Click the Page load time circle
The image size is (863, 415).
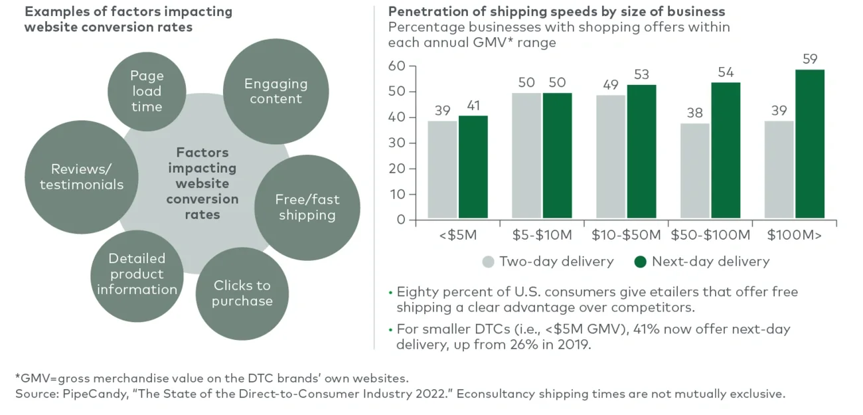(x=146, y=91)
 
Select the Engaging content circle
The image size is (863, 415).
(x=275, y=92)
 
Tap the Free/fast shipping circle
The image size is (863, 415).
(x=307, y=207)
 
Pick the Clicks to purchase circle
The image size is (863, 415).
(x=242, y=293)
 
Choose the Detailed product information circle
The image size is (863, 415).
(x=137, y=274)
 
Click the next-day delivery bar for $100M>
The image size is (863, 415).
(x=810, y=144)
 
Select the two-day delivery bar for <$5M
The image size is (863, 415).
(x=442, y=170)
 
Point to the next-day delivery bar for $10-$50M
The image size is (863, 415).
(x=642, y=152)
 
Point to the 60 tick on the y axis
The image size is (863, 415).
(x=397, y=66)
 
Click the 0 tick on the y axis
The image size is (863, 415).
(x=401, y=220)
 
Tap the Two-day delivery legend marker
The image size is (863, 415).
(x=489, y=262)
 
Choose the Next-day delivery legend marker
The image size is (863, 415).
(x=640, y=262)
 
